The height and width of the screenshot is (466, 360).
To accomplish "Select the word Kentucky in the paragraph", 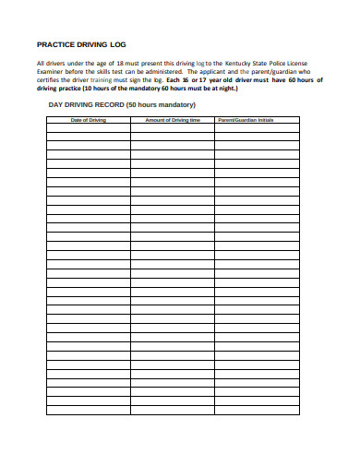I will (241, 63).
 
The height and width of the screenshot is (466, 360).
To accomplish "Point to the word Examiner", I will (53, 71).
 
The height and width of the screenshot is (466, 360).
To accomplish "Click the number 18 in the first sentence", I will (120, 63).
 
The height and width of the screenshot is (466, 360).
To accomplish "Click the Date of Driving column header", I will (88, 120).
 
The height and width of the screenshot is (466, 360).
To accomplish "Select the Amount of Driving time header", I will (172, 120).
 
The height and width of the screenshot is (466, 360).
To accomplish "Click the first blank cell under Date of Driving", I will (88, 128).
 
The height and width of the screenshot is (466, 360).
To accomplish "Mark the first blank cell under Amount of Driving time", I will (172, 128).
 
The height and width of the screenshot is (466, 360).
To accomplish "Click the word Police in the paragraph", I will (285, 63).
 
